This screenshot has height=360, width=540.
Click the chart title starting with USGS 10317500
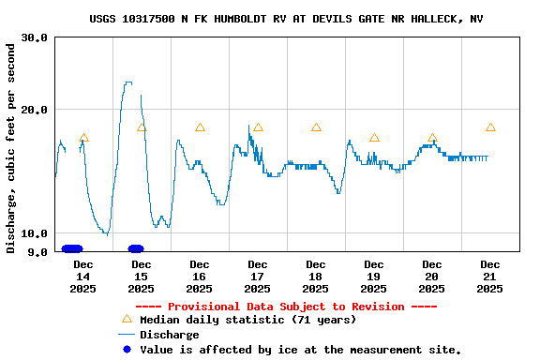click(x=287, y=19)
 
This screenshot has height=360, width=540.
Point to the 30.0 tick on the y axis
click(x=35, y=37)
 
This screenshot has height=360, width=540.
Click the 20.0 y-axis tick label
click(x=35, y=109)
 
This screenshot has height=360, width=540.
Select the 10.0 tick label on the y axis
click(x=35, y=233)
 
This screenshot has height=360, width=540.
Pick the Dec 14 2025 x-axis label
click(x=82, y=277)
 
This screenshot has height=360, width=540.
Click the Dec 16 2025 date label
click(x=199, y=277)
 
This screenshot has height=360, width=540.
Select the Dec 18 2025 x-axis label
click(x=315, y=277)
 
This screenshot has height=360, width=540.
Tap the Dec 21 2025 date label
click(x=489, y=277)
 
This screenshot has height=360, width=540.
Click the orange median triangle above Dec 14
click(x=83, y=138)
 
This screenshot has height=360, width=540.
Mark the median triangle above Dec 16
click(x=200, y=127)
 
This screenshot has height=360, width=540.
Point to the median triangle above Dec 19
click(x=374, y=138)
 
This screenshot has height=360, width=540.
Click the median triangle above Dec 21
click(x=490, y=127)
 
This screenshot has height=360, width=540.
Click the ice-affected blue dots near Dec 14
click(x=72, y=248)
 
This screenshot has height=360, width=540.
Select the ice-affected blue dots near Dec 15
click(x=136, y=248)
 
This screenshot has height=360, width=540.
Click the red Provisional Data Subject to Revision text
click(x=286, y=307)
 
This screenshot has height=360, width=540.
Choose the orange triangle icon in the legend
click(x=127, y=319)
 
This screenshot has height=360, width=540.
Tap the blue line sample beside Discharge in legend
click(x=127, y=335)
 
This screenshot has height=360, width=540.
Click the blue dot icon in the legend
click(x=127, y=349)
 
